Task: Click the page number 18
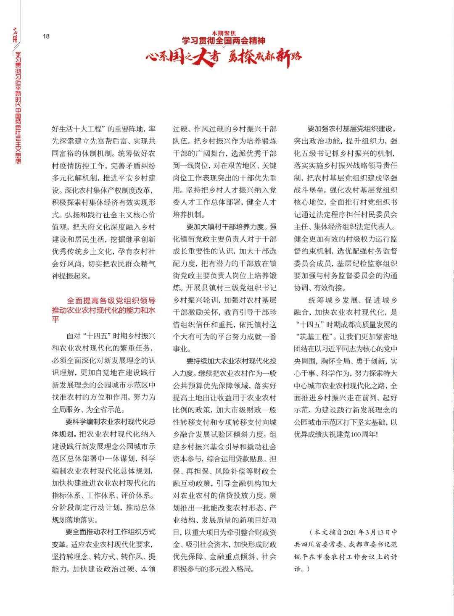pyautogui.click(x=46, y=36)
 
